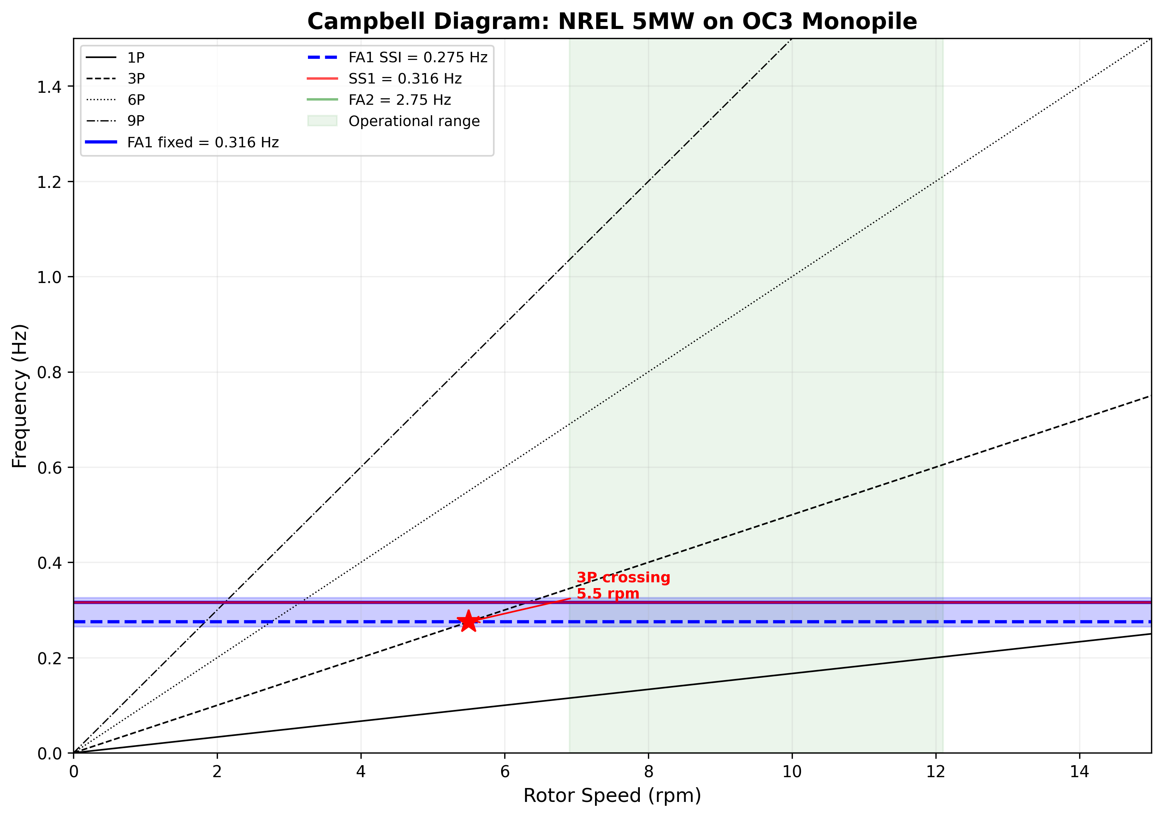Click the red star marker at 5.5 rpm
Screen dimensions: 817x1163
(x=469, y=621)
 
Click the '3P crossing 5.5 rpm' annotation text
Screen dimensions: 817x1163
(x=622, y=585)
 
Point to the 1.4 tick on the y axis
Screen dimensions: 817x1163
(x=49, y=87)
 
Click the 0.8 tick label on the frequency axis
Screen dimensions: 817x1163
(x=49, y=372)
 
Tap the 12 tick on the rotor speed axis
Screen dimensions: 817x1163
(x=935, y=772)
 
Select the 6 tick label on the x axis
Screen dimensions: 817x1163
(x=505, y=772)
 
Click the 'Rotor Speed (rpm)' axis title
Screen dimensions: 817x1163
(x=612, y=796)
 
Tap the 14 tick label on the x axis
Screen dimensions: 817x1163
(x=1080, y=772)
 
